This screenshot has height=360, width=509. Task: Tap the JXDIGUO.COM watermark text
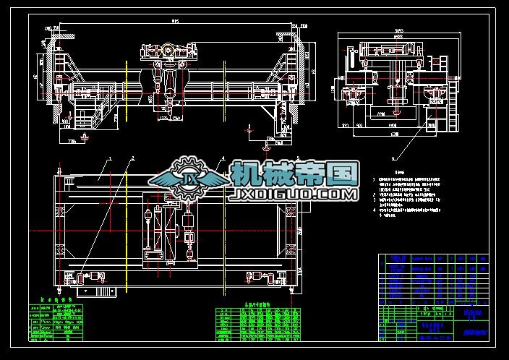point(294,194)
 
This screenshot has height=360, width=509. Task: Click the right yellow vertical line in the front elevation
point(224,87)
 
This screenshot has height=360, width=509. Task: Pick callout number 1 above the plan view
point(110,157)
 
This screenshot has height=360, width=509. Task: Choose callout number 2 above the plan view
point(133,157)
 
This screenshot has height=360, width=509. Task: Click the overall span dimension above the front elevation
point(174,22)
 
